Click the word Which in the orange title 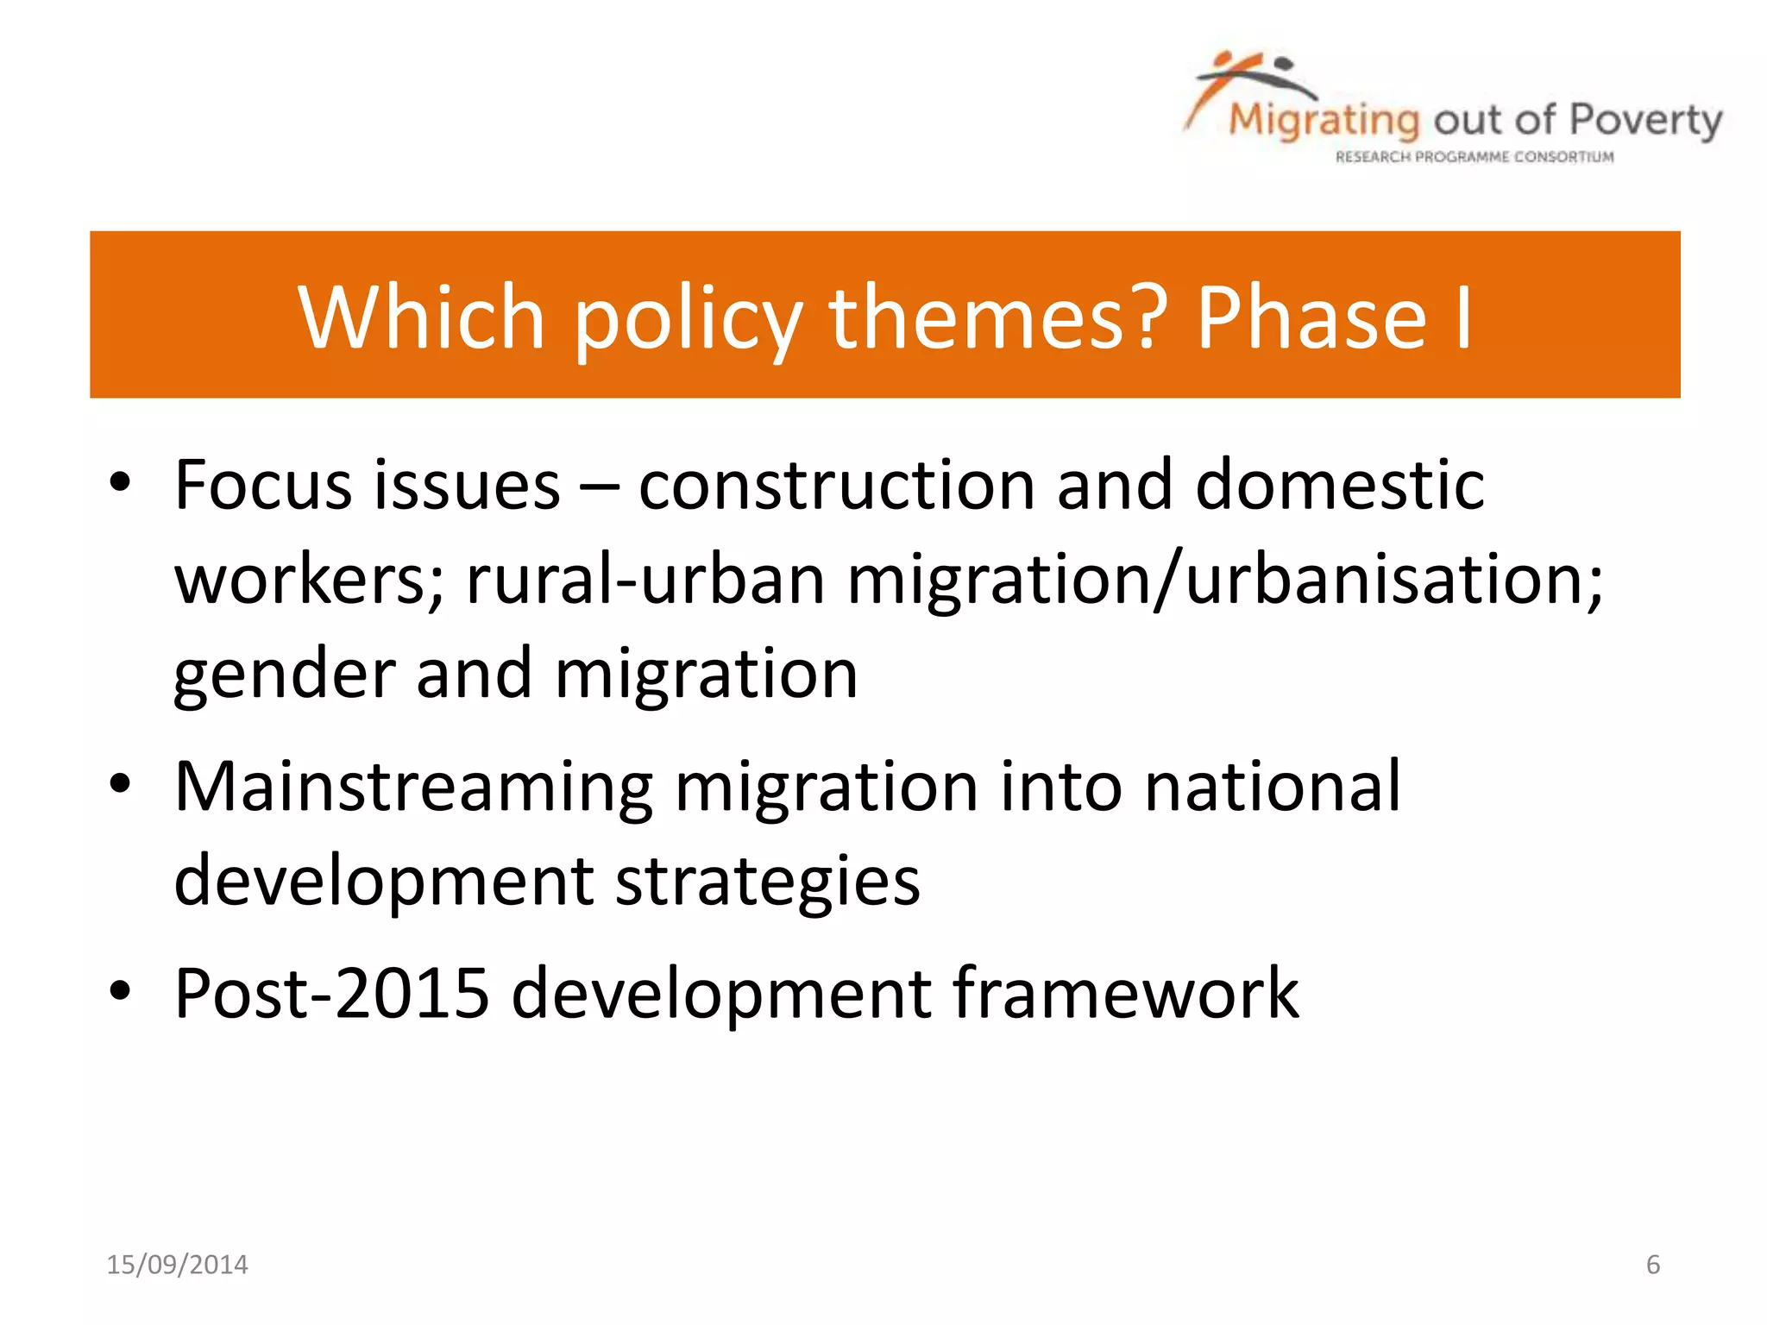click(421, 317)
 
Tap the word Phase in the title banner click(1311, 317)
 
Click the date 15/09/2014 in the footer click(177, 1265)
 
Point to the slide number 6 click(1652, 1265)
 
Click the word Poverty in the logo click(1645, 121)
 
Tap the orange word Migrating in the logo click(1324, 121)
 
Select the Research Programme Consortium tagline click(1474, 157)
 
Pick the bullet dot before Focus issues click(120, 484)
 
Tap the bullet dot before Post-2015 click(120, 992)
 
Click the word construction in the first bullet click(836, 485)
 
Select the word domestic click(1339, 485)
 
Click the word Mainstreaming click(413, 787)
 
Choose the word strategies click(767, 882)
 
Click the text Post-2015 click(331, 994)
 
